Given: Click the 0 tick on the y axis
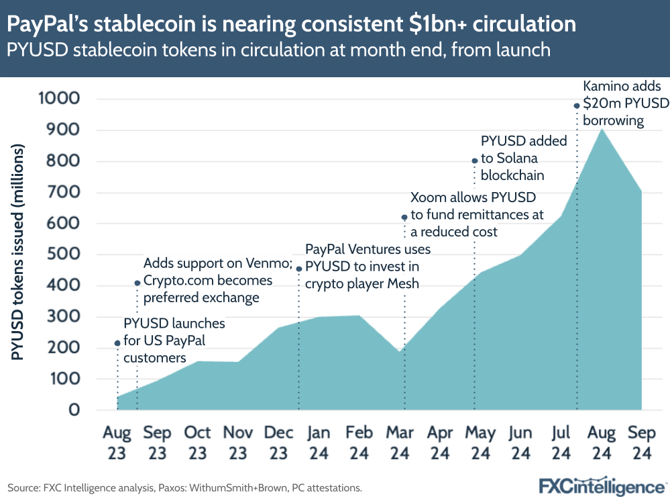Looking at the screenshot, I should coord(73,410).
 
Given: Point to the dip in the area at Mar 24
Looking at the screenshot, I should coord(400,352).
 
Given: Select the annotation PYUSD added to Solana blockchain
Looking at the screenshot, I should coord(523,158).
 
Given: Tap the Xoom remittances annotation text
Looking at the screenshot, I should coord(476,215).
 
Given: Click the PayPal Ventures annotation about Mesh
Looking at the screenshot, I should coord(368,267).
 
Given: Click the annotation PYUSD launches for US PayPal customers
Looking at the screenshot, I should coord(174,340).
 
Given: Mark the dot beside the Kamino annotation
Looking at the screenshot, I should coord(576,105).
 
